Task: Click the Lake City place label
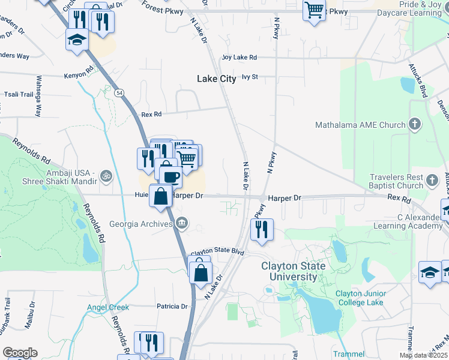[217, 79]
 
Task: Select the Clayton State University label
[293, 271]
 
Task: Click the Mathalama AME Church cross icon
[414, 125]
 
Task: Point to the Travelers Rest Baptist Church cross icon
[432, 180]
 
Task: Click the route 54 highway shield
[119, 93]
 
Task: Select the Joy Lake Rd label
[239, 58]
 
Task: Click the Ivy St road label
[249, 77]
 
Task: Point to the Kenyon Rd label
[80, 76]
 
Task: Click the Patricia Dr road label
[172, 307]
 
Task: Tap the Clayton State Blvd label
[217, 253]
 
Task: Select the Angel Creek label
[108, 308]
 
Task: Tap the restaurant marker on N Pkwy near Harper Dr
[262, 229]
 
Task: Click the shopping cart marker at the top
[314, 10]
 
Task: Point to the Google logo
[20, 353]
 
